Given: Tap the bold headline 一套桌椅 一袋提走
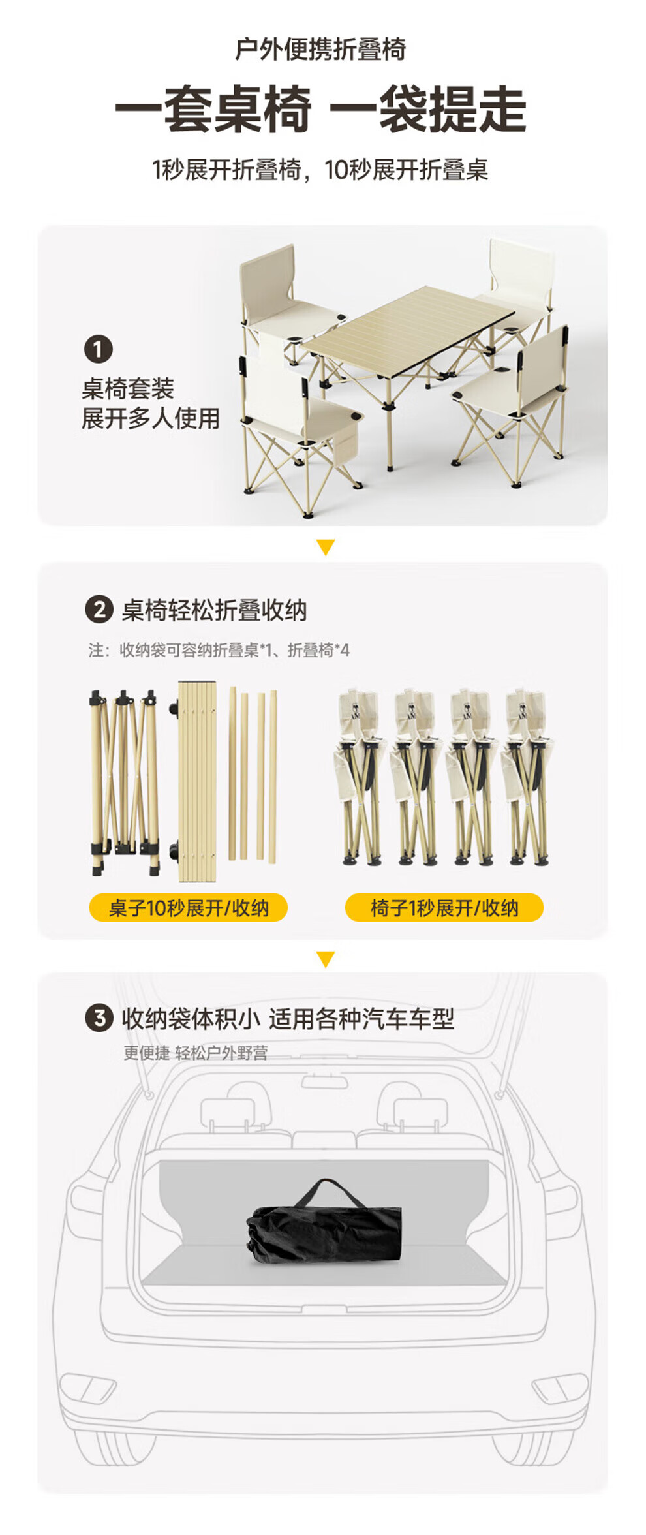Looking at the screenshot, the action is tap(320, 109).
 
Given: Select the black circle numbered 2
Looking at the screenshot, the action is tap(99, 610).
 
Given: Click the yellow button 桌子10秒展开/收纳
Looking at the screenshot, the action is tap(188, 907).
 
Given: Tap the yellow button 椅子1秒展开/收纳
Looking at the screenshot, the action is tap(444, 907).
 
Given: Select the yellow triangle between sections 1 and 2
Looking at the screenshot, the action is tap(325, 547).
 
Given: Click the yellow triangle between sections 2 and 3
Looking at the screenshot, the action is tap(325, 959).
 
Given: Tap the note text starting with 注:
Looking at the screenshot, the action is tap(219, 650).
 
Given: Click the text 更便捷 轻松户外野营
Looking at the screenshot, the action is tap(195, 1053).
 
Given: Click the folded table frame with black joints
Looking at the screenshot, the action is tap(125, 781).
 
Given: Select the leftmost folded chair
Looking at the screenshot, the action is tap(360, 777).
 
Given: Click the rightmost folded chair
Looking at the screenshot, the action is tap(527, 777).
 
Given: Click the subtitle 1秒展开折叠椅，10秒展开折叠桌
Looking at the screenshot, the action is tap(320, 170).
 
